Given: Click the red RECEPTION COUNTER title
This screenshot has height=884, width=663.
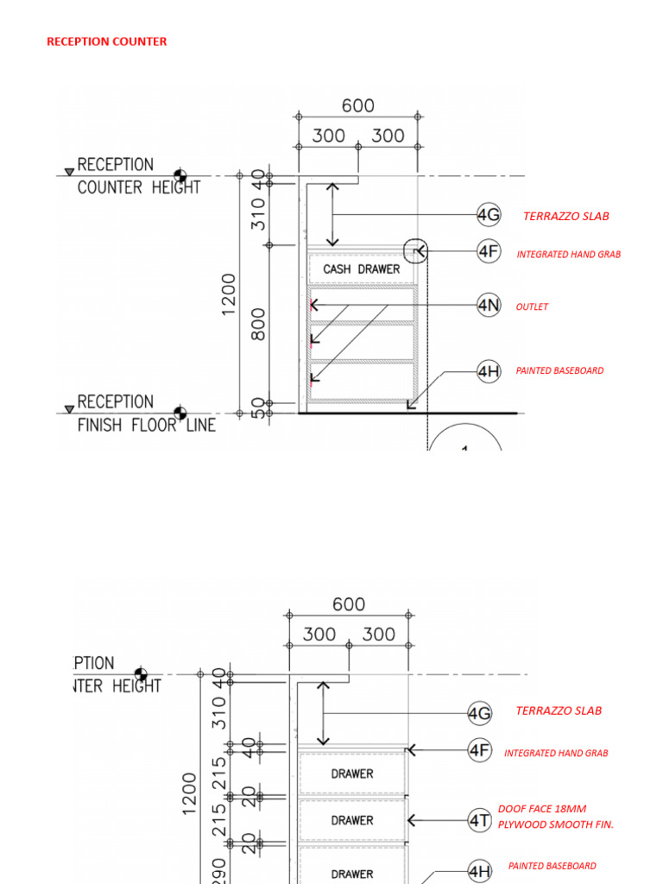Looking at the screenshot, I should click(106, 41).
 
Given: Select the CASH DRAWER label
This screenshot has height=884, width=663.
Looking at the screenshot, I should click(362, 269).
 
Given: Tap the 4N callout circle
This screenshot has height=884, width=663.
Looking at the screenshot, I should click(489, 305).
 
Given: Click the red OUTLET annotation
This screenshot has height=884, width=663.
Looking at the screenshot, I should click(532, 306).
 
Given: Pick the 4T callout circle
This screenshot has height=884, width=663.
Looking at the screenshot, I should click(480, 818).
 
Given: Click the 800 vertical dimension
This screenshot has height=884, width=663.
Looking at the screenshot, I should click(258, 324).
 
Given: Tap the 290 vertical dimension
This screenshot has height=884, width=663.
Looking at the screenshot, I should click(219, 870).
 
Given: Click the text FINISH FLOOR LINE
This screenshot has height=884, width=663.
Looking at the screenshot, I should click(147, 425).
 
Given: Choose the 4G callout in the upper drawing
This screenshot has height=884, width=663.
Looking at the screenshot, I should click(489, 214).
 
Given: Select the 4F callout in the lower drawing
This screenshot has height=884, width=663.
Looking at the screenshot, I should click(480, 750).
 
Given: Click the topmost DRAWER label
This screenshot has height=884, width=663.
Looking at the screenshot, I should click(352, 773).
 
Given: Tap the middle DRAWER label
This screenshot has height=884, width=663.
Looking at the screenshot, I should click(352, 820).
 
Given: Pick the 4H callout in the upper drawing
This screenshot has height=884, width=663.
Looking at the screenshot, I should click(489, 372).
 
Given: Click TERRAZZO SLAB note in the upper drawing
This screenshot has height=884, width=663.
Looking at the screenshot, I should click(565, 216).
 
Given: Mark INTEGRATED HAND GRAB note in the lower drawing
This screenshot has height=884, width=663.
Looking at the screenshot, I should click(556, 753).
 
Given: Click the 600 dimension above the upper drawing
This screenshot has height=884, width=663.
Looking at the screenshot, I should click(357, 105).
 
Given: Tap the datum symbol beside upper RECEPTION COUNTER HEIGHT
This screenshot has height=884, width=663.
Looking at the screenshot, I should click(180, 175).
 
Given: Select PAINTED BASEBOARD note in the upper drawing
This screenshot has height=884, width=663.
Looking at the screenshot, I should click(559, 370).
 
